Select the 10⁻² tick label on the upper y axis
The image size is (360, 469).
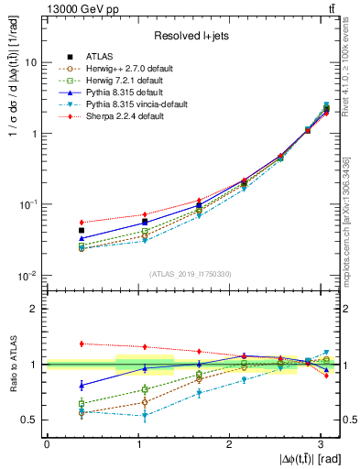30,275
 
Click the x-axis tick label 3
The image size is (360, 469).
321,444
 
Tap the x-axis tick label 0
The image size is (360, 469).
47,444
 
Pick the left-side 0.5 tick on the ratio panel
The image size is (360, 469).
30,420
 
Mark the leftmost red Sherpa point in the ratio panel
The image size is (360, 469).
82,344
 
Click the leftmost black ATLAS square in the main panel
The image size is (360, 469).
82,231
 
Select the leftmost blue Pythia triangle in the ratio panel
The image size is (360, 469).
82,385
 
